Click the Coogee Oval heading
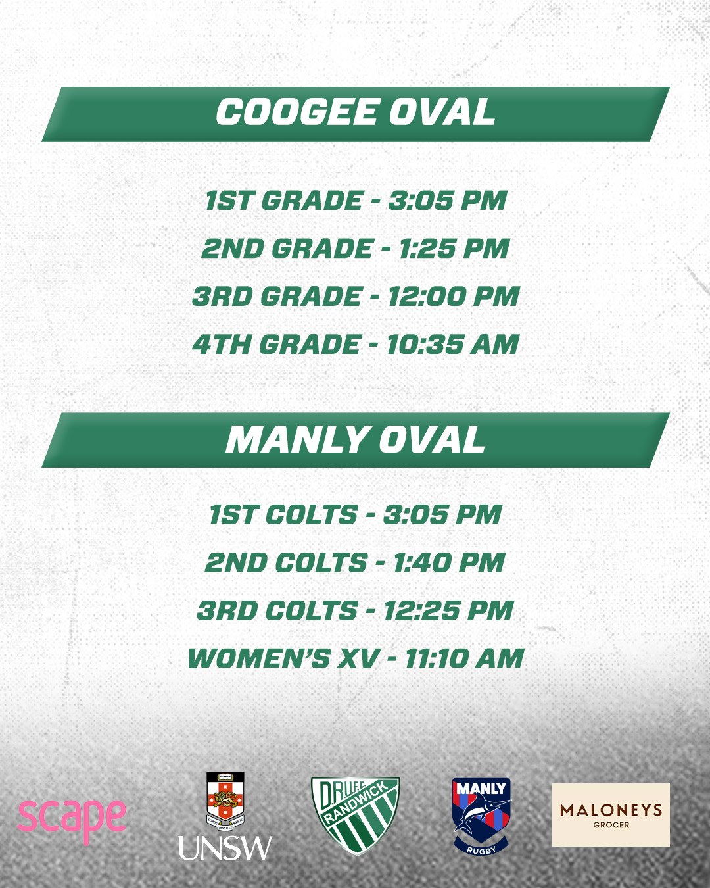(355, 112)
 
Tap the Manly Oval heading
(355, 439)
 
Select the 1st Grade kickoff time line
(356, 201)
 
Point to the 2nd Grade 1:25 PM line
(356, 249)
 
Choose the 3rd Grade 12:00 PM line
(356, 296)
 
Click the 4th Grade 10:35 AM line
(356, 344)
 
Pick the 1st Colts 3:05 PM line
(356, 514)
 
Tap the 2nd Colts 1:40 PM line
(356, 562)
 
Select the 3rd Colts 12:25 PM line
(356, 610)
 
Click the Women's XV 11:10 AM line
(356, 658)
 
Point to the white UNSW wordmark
(225, 848)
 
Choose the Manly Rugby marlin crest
(481, 816)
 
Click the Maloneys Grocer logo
(611, 815)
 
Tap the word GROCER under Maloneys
(611, 825)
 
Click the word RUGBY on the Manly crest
(481, 847)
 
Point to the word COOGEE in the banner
(296, 112)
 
